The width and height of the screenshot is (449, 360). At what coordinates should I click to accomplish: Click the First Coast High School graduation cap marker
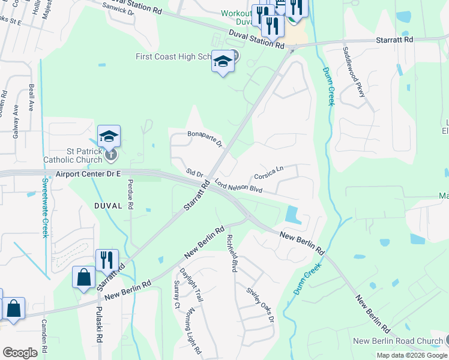coord(223,62)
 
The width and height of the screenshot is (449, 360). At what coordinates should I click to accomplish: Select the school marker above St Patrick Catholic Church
coord(109,136)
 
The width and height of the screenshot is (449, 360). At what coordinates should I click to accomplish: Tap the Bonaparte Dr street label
coord(205,139)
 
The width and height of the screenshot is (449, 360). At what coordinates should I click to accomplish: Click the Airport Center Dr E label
coord(88,173)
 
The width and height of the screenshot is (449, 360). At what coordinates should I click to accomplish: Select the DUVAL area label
coord(108,205)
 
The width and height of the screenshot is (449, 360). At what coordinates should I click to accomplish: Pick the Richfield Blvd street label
coord(231,252)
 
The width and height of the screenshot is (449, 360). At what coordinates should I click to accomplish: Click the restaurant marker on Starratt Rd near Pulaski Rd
coord(107,260)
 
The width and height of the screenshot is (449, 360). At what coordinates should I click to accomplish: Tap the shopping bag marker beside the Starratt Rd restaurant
coord(83,277)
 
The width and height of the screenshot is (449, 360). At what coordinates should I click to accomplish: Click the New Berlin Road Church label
coord(397,341)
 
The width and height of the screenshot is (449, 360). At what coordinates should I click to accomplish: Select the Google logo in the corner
coord(20,353)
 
